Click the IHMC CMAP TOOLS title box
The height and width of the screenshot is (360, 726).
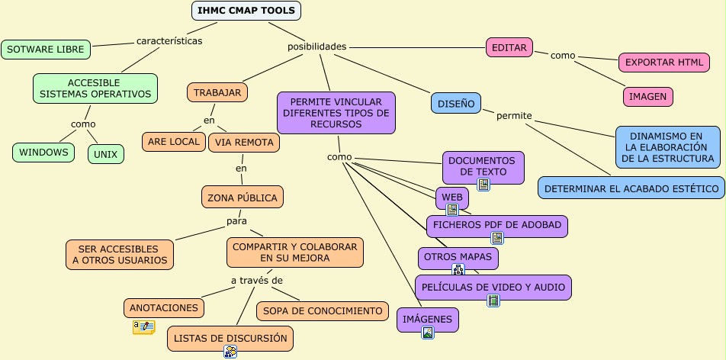point(246,10)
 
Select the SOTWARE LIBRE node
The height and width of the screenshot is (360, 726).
point(46,49)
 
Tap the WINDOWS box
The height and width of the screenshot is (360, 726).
point(43,152)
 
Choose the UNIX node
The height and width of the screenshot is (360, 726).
point(105,153)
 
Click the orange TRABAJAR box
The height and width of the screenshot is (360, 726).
point(217,92)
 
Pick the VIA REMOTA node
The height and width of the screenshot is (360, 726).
point(243,142)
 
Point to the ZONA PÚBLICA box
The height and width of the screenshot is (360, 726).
point(243,197)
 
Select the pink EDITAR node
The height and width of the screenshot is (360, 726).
point(509,47)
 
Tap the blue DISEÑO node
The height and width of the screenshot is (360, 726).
point(456,103)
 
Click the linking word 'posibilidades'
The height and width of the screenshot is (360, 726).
point(316,47)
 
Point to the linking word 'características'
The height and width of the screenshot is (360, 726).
point(169,40)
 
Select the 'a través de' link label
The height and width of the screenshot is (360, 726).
point(257,281)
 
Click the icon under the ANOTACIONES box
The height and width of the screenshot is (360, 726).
point(143,326)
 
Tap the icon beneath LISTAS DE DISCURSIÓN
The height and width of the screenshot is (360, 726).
point(230,351)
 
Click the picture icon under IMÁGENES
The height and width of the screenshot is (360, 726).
point(428,332)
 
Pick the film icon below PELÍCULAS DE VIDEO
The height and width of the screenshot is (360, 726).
point(493,300)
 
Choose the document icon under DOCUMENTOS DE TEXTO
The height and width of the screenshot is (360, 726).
point(483,185)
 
